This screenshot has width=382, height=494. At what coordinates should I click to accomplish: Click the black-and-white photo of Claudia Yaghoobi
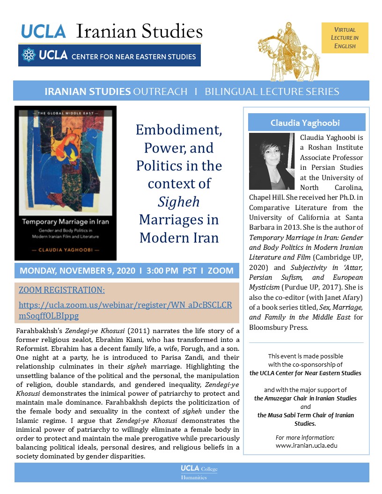[272, 161]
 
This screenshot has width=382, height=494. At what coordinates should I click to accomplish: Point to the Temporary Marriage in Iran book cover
[66, 183]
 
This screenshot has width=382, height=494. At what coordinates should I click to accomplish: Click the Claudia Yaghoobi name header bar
[306, 123]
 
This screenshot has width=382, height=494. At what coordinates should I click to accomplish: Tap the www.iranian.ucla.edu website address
[306, 445]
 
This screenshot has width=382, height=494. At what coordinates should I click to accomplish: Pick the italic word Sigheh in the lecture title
[179, 202]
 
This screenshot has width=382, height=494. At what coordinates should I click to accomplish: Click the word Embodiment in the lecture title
[179, 130]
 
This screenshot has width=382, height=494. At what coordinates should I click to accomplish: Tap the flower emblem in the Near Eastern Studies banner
[29, 56]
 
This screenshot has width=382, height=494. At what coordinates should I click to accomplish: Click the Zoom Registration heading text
[62, 290]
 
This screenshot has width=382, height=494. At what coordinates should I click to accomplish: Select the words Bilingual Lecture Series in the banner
[272, 91]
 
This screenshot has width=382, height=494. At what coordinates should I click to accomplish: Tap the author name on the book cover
[66, 251]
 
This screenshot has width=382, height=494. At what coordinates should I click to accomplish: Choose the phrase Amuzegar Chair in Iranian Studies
[305, 398]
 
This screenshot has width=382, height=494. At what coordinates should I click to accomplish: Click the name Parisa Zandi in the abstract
[187, 357]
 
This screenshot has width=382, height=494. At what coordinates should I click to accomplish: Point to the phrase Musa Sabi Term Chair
[306, 415]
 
